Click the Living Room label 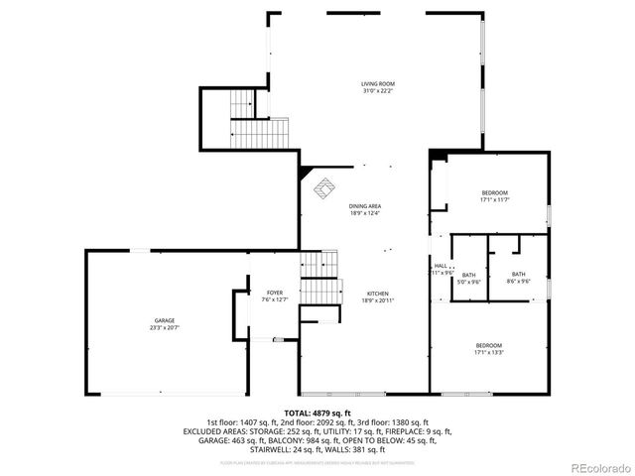pos(377,83)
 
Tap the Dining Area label pos(364,205)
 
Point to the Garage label pos(164,320)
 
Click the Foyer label pos(273,294)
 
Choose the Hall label pos(441,266)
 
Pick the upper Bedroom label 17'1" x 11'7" pos(494,192)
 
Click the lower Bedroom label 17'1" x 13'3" pos(489,345)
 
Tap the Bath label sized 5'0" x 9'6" pos(468,275)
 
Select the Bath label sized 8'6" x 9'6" pos(519,275)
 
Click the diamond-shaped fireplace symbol pos(324,186)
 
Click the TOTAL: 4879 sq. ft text pos(317,413)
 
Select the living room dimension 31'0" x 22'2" pos(377,91)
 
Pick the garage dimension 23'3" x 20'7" pos(164,327)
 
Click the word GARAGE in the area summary pos(203,440)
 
